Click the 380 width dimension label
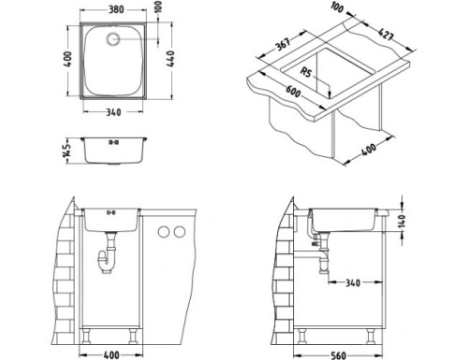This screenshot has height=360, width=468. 116,10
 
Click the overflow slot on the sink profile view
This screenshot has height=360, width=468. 115,143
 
